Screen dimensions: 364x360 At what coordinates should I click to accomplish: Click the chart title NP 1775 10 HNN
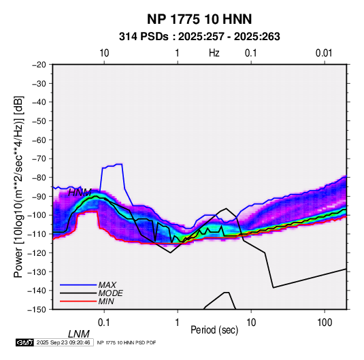(199, 19)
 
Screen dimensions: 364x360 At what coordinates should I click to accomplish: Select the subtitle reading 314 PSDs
(144, 37)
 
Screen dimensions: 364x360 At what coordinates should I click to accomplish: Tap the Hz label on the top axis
(214, 53)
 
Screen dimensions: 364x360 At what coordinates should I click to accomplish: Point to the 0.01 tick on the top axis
(324, 53)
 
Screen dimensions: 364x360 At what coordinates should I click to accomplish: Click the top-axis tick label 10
(104, 53)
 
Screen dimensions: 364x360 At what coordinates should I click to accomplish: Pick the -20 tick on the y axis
(39, 65)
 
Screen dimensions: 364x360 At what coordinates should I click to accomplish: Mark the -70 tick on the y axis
(39, 159)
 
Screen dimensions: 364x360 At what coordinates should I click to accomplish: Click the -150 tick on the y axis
(37, 310)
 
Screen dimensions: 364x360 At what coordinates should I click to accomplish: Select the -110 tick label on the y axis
(37, 234)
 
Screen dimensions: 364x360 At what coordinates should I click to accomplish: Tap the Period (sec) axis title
(214, 330)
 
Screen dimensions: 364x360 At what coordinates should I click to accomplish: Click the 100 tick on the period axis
(325, 323)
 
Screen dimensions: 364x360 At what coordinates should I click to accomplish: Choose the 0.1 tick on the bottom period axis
(104, 323)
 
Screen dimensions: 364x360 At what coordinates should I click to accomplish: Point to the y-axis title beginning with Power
(18, 186)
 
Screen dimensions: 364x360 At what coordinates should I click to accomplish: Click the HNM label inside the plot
(80, 193)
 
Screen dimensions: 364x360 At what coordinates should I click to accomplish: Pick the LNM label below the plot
(79, 334)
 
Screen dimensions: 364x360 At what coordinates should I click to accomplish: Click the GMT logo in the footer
(24, 342)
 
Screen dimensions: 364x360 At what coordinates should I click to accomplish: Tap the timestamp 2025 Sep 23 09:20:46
(63, 342)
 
